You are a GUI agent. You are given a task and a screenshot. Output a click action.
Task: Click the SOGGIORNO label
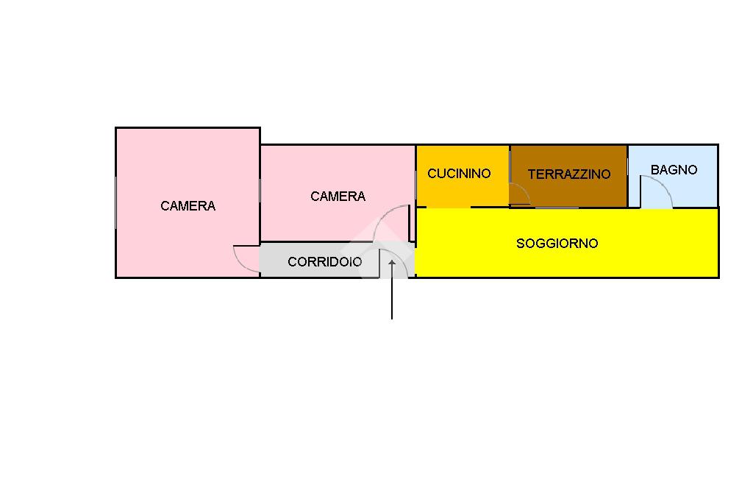point(557,244)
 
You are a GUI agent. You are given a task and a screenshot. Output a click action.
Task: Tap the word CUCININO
point(459,174)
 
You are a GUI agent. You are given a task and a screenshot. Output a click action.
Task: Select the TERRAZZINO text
point(569,174)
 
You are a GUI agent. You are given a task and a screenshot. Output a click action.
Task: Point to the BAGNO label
point(674,170)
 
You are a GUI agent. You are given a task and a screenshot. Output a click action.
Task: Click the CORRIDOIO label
point(324,261)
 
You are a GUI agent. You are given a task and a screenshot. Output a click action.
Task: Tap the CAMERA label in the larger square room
point(188,206)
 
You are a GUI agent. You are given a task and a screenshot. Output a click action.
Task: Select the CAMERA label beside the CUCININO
point(338,197)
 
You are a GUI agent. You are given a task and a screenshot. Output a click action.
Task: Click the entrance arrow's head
point(392,263)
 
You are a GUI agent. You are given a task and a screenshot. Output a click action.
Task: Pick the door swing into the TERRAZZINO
point(524,190)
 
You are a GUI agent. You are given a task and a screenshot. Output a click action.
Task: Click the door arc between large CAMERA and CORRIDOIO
point(240,263)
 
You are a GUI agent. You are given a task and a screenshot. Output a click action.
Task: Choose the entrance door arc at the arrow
point(402,257)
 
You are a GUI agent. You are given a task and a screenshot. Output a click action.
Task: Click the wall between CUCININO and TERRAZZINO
point(510,176)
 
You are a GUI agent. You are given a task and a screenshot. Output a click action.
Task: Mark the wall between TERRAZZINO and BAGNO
point(628,176)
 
